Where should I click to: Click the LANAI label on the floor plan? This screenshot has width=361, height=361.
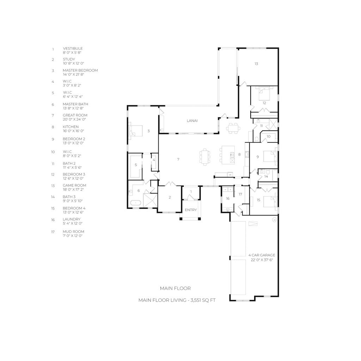click(192, 121)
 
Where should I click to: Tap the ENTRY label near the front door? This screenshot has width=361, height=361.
click(191, 210)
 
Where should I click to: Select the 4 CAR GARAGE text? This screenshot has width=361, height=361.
click(262, 255)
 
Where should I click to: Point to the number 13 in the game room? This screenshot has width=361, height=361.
click(256, 64)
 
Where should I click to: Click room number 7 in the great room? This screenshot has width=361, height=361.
click(178, 159)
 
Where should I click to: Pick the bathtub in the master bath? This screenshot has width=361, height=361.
click(136, 203)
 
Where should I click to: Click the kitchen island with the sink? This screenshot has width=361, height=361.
click(228, 155)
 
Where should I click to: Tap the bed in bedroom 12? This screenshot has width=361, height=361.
click(264, 93)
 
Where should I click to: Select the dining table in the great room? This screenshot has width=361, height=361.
click(205, 157)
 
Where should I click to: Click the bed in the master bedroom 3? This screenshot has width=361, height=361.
click(136, 131)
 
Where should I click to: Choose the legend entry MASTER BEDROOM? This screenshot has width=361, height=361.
click(80, 71)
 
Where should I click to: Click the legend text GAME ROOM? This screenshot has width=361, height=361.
click(74, 185)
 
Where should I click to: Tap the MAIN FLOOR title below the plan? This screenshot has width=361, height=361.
click(175, 288)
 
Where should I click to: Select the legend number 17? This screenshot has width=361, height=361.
click(53, 232)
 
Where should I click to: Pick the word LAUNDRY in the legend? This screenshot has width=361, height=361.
click(72, 219)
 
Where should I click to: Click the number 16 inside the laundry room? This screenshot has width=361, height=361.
click(228, 198)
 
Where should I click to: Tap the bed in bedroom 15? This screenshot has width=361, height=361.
click(270, 202)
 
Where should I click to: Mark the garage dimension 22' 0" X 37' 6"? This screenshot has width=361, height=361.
click(262, 260)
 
